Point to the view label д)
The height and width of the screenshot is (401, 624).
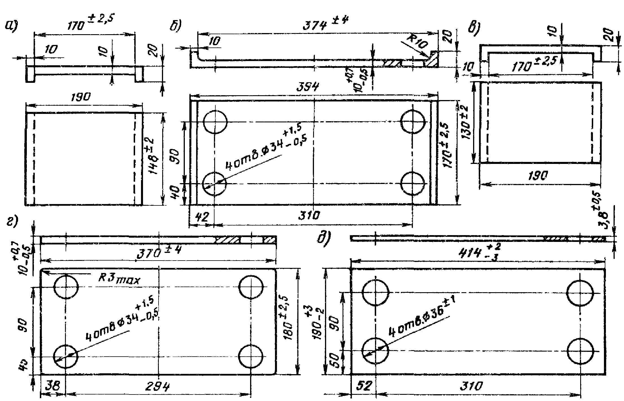pos(323,240)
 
